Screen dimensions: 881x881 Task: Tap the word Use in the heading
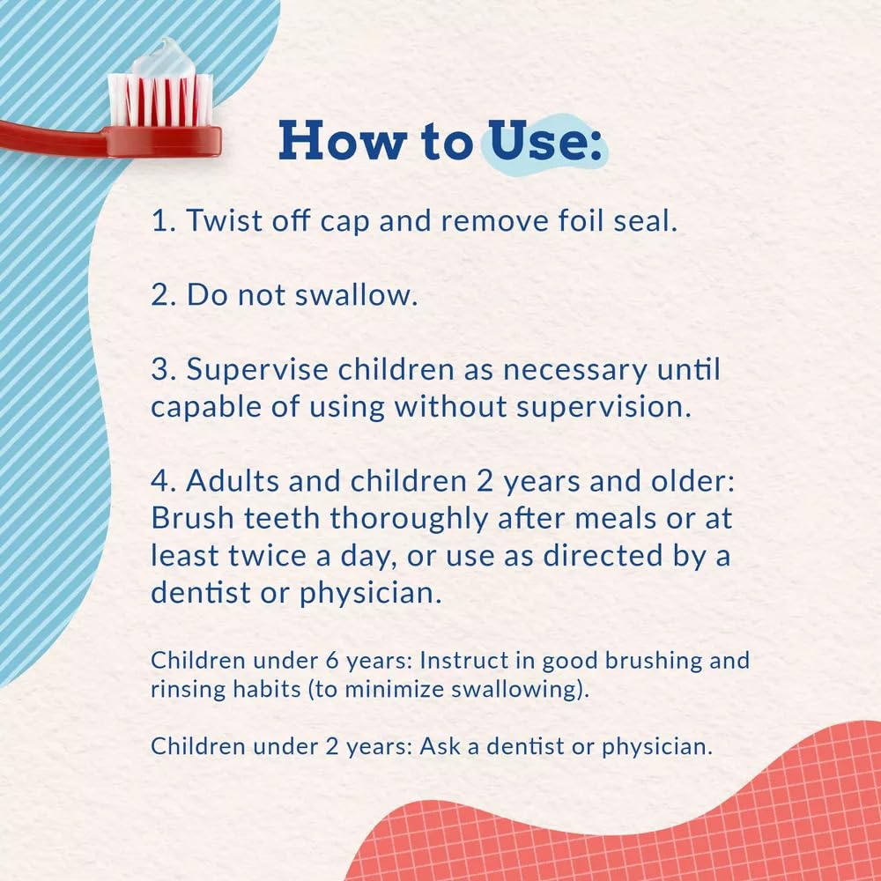tap(538, 140)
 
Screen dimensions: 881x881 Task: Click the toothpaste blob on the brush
tap(163, 57)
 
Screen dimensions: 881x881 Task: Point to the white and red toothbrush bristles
tap(160, 100)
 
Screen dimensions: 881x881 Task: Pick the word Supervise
tap(257, 371)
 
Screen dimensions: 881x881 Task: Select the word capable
tap(206, 408)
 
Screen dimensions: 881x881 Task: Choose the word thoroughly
tap(409, 519)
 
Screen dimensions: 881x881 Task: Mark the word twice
tap(268, 556)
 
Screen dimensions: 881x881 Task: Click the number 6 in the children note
tap(333, 661)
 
